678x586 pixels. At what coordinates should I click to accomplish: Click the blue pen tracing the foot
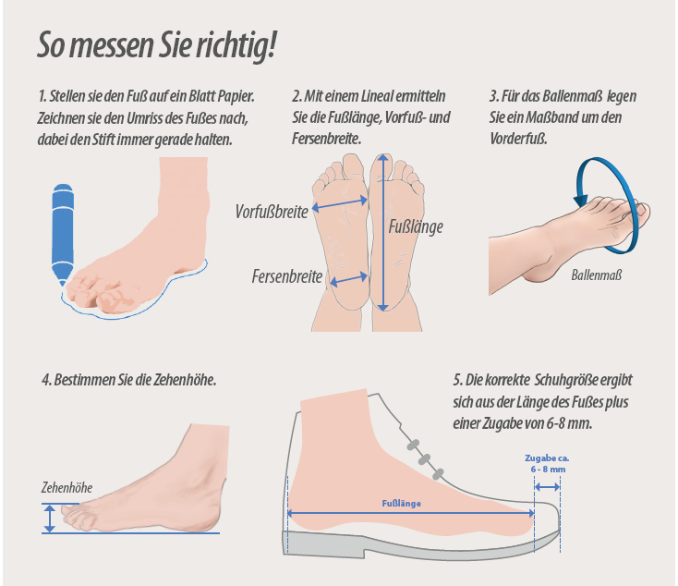coord(63,234)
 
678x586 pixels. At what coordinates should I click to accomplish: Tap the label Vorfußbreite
coord(272,212)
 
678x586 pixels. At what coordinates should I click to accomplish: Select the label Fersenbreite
coord(287,276)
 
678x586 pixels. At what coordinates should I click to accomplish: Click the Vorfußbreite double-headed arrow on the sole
coord(340,204)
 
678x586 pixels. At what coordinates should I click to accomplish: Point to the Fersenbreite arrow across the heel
coord(348,279)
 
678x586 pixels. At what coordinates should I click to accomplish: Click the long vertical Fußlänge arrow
coord(383,232)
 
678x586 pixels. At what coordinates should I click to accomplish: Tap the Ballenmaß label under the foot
coord(597,275)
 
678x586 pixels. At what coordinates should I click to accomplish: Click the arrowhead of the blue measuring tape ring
coord(581,201)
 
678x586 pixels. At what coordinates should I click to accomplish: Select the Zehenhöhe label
coord(67,488)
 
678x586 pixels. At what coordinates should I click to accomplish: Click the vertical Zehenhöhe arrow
coord(50,519)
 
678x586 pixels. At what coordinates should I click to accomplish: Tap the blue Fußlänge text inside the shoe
coord(401,504)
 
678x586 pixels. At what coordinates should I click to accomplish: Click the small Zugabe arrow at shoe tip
coord(548,487)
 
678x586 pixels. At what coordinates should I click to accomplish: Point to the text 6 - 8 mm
coord(549,470)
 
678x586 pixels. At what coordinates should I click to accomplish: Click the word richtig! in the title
coord(236,45)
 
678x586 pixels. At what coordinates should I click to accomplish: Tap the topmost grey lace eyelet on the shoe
coord(414,445)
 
